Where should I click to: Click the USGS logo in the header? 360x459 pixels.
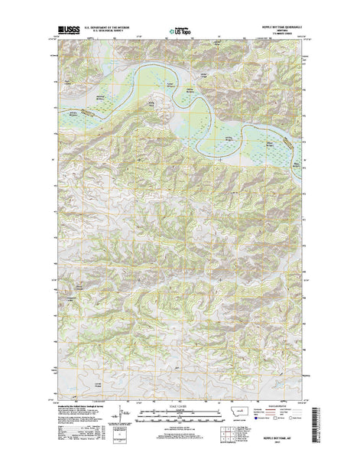click(66, 31)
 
